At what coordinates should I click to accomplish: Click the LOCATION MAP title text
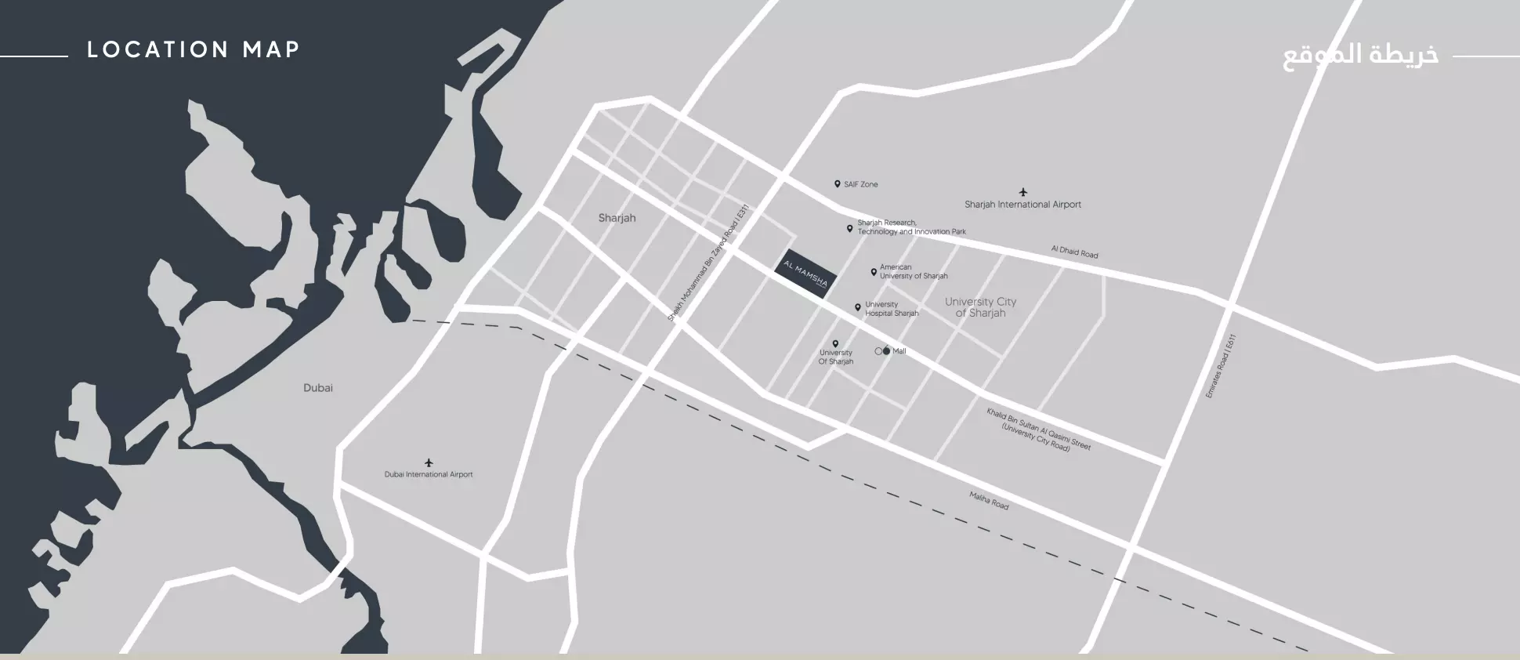click(x=194, y=50)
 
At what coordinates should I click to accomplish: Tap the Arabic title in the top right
click(x=1360, y=56)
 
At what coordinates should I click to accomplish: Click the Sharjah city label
click(x=617, y=218)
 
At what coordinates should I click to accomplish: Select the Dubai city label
click(x=318, y=388)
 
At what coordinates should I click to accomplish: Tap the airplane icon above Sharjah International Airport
click(x=1022, y=192)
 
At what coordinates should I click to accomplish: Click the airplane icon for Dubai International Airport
click(x=429, y=462)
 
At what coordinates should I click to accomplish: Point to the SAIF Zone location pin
click(x=837, y=184)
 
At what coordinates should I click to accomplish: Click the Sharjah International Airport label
click(x=1022, y=205)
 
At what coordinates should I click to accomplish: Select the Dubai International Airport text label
click(x=429, y=474)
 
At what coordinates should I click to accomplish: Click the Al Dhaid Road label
click(x=1074, y=252)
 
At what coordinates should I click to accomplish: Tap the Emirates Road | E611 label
click(x=1220, y=366)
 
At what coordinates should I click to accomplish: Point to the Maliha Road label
click(x=989, y=500)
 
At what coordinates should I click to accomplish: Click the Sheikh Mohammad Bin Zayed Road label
click(x=708, y=263)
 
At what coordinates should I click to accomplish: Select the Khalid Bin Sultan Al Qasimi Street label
click(x=1038, y=429)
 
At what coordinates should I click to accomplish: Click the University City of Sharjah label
click(x=980, y=307)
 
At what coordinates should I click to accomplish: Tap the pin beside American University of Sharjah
click(x=874, y=272)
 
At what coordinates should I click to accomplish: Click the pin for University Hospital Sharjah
click(x=858, y=308)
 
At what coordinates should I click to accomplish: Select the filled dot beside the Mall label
click(x=886, y=351)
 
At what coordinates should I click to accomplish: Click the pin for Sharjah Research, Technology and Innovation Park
click(x=849, y=228)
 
